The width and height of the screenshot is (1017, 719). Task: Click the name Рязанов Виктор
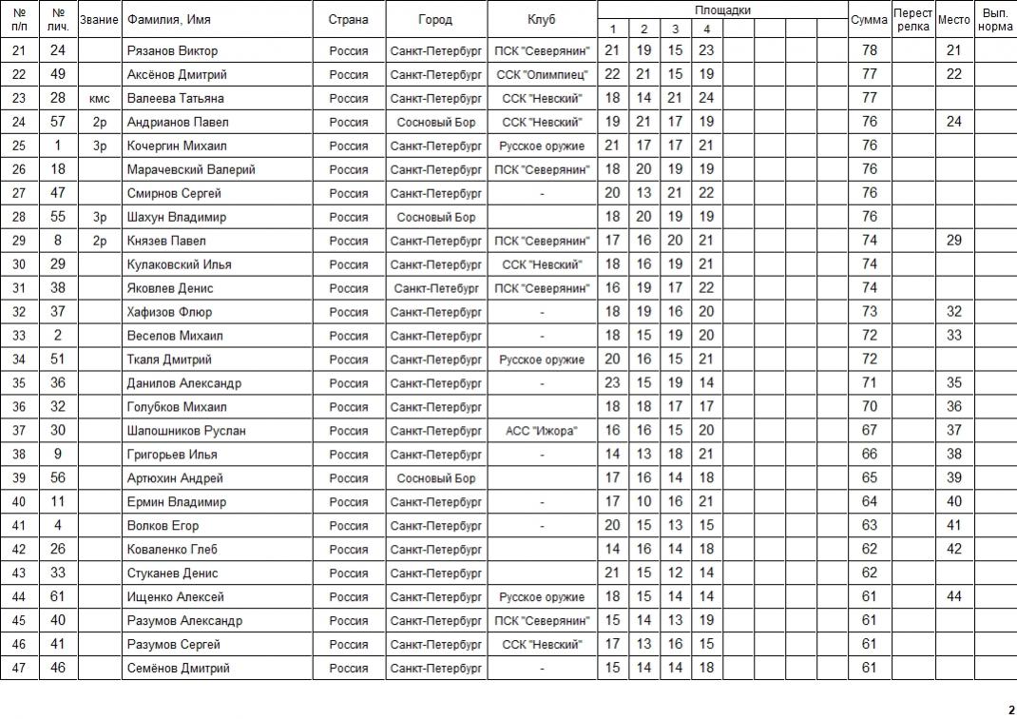tap(172, 50)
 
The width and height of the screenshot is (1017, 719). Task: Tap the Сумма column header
tap(869, 20)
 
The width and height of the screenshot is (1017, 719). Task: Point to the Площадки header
tap(722, 10)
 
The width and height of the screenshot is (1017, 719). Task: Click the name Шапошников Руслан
tap(186, 431)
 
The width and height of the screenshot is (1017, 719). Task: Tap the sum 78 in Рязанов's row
tap(869, 50)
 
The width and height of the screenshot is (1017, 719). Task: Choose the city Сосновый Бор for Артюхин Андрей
tap(436, 478)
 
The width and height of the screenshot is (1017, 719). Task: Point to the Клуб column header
tap(542, 20)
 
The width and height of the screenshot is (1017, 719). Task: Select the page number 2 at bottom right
tap(1010, 709)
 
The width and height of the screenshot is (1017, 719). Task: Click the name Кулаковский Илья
tap(180, 264)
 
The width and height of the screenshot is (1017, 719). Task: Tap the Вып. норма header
tap(995, 20)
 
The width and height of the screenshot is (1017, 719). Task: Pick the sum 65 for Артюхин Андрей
tap(869, 478)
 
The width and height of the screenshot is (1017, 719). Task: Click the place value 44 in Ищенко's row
tap(954, 597)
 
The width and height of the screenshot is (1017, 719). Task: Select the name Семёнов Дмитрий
tap(179, 669)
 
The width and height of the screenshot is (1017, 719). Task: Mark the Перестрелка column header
tap(912, 20)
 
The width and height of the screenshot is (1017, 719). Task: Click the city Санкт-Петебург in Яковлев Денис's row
tap(436, 288)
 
